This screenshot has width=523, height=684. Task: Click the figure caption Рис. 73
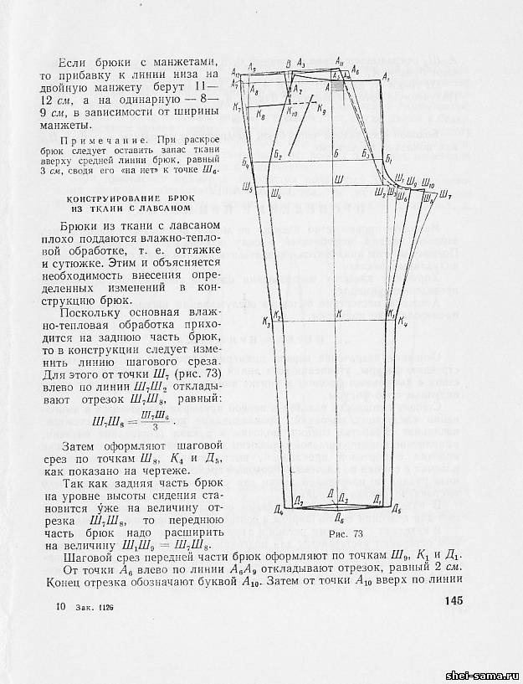345,532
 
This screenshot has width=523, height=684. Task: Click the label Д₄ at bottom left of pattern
279,509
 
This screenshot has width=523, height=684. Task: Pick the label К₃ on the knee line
267,321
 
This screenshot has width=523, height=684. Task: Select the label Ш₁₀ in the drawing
428,183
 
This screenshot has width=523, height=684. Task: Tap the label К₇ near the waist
238,108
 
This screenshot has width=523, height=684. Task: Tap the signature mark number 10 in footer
59,605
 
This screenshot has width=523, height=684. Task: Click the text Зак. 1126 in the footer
92,606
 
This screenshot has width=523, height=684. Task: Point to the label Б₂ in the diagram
279,156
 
